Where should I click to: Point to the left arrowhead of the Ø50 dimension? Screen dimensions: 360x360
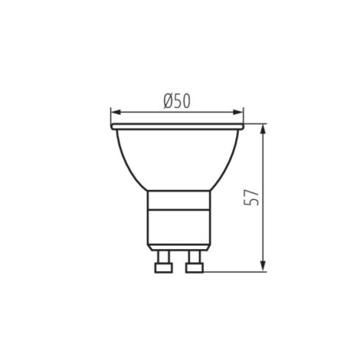pos(114,113)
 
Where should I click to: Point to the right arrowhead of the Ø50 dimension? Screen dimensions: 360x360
pos(240,113)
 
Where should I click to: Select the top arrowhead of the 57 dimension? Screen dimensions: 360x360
pos(263,128)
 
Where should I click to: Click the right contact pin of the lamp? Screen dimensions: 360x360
pos(195,261)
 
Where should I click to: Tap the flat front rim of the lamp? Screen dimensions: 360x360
pos(176,126)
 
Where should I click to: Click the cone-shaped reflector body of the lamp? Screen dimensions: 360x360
pos(176,158)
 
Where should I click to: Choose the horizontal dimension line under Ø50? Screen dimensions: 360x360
pos(147,113)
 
